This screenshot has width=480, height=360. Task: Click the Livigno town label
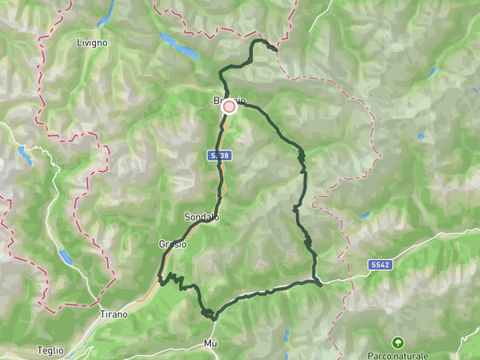92,42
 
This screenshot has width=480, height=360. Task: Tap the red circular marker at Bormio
229,106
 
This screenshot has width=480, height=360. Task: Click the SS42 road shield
379,264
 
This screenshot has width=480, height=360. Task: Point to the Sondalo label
201,218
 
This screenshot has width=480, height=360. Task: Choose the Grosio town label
172,244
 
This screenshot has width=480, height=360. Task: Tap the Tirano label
114,314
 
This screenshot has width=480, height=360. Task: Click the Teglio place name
50,350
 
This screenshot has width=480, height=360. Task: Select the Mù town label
210,343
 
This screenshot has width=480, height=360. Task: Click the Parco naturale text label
398,355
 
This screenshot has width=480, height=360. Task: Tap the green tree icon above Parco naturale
398,342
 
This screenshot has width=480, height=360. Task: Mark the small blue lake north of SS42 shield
365,215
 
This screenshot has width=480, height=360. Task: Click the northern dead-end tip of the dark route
276,50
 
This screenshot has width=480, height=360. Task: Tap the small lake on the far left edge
24,155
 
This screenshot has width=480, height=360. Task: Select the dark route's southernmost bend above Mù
212,317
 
